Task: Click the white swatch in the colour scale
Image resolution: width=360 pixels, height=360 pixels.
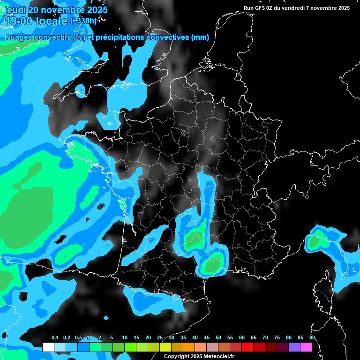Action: pyautogui.click(x=48, y=347)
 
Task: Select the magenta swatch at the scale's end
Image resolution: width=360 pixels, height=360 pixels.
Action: pyautogui.click(x=306, y=347)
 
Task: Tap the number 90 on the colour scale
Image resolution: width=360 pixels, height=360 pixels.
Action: pyautogui.click(x=312, y=338)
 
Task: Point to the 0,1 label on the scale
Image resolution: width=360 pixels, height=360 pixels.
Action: pyautogui.click(x=54, y=338)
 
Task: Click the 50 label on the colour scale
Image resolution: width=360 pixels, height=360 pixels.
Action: pyautogui.click(x=218, y=338)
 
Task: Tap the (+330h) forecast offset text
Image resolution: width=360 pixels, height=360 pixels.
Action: pyautogui.click(x=84, y=21)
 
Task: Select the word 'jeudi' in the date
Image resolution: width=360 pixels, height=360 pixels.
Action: pyautogui.click(x=15, y=10)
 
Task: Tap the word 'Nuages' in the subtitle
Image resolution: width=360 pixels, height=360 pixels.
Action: pyautogui.click(x=16, y=37)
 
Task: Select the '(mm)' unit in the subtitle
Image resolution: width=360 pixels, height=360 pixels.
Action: pyautogui.click(x=200, y=37)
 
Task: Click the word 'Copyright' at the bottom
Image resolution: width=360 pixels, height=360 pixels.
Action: pyautogui.click(x=176, y=356)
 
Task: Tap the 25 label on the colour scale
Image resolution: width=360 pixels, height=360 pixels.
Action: pyautogui.click(x=160, y=338)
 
